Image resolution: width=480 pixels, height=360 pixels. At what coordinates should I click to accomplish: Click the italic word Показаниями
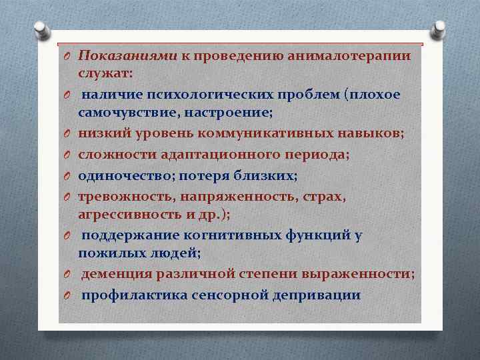point(127,56)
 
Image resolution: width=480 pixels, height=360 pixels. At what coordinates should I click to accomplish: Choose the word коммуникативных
point(261,133)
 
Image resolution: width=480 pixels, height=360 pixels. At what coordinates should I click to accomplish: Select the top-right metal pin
point(440,30)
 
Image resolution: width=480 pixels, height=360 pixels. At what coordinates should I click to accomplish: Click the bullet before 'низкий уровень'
point(67,134)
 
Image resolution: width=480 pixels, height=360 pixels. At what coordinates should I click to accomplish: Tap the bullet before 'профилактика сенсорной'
point(67,296)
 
